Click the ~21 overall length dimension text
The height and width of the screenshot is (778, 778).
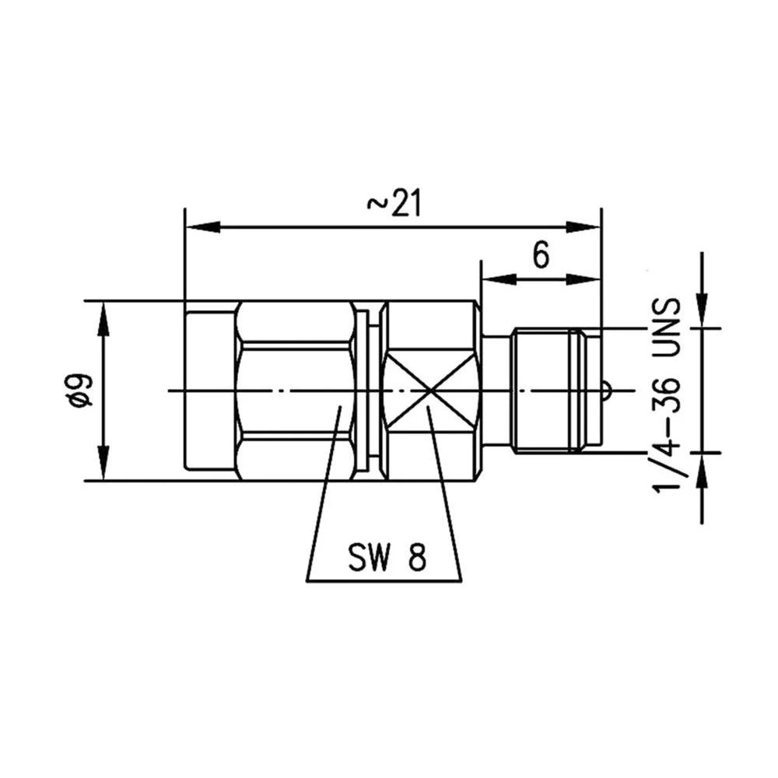[393, 204]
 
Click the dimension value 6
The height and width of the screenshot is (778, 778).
[541, 254]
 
